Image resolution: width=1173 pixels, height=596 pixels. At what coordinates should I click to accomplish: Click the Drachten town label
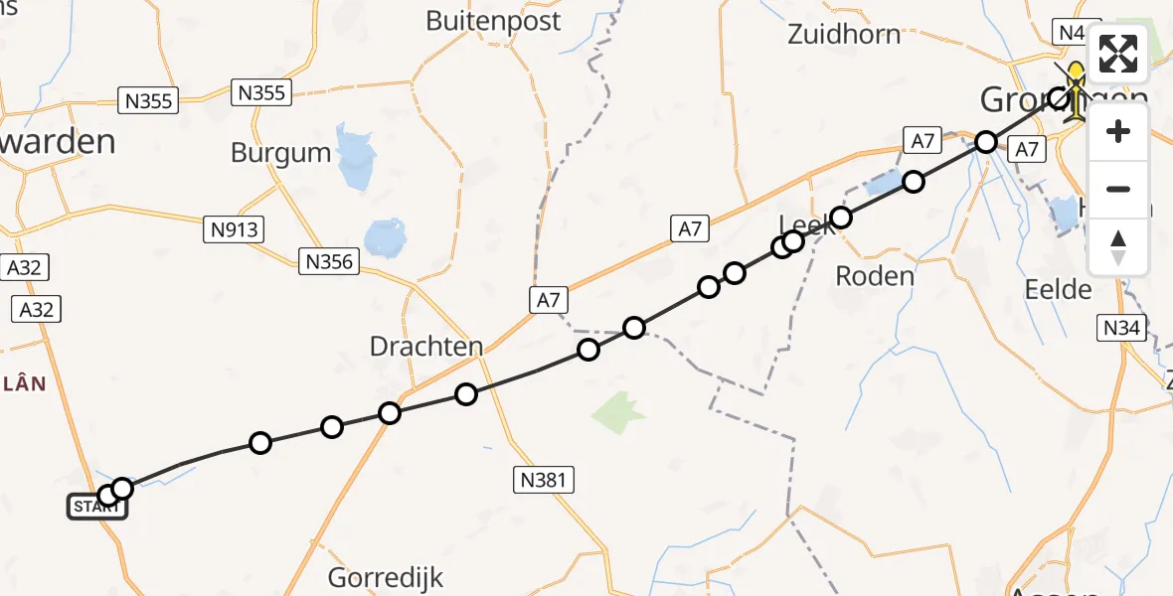(x=425, y=347)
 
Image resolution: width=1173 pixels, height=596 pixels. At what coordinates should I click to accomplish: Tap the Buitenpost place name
(x=493, y=21)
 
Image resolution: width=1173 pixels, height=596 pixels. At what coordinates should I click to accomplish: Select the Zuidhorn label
(x=843, y=34)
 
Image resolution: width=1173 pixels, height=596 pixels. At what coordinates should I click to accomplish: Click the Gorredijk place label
(x=386, y=577)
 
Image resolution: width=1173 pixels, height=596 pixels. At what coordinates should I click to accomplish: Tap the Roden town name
(x=875, y=276)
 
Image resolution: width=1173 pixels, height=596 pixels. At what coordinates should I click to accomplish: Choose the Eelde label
(x=1058, y=290)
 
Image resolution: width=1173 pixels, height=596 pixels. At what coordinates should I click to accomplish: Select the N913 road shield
(x=234, y=230)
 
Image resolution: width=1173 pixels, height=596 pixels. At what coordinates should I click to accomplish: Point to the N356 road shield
(x=329, y=262)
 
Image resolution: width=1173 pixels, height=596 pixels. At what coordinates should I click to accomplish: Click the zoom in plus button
(x=1118, y=132)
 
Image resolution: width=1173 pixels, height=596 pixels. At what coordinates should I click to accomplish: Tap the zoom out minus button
(x=1118, y=189)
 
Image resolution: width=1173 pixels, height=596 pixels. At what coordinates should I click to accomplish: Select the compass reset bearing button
(x=1118, y=246)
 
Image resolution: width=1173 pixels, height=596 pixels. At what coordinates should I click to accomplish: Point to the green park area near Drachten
(x=618, y=411)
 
